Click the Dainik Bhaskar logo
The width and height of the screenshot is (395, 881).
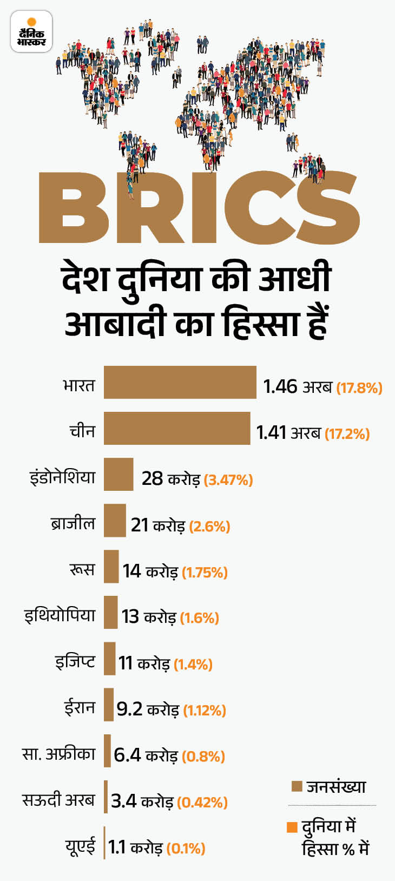pos(31,32)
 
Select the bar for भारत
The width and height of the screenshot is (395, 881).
pos(180,382)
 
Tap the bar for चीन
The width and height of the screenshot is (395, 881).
pos(177,428)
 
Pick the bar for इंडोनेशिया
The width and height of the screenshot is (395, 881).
pos(119,474)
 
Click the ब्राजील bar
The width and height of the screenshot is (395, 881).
pos(115,520)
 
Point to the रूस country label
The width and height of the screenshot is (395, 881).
pos(82,569)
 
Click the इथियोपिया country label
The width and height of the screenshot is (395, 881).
pos(60,615)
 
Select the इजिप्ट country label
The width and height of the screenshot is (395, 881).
pos(75,661)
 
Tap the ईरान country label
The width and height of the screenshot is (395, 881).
pos(80,707)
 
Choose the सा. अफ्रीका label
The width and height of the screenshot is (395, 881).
pos(59,754)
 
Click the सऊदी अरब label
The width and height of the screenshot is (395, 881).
pos(58,800)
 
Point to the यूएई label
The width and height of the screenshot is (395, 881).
pos(81,846)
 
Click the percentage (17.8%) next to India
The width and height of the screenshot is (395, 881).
pos(359,388)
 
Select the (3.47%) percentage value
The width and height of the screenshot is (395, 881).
pos(229,480)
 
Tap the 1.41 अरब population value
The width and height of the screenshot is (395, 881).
pos(288,433)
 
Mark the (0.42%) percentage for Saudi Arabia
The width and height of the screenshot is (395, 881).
pos(202,802)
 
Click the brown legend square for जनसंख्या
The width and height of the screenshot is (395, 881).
pos(297,786)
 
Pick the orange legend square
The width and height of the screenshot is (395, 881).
pos(292,827)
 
